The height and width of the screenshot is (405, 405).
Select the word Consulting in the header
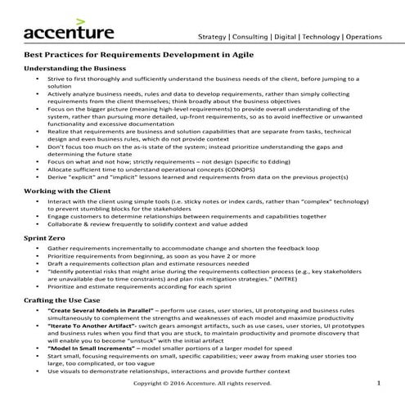(253, 37)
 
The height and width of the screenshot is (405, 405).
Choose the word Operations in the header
(375, 37)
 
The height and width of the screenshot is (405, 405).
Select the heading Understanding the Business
(75, 69)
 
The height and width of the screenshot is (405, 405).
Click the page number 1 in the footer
(379, 382)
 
